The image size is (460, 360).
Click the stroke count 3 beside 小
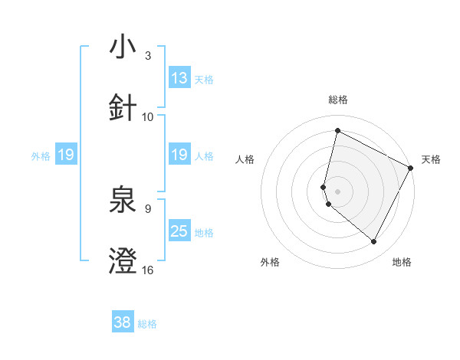(x=148, y=56)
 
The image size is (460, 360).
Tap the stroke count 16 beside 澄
(x=148, y=270)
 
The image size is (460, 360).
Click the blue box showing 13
(x=179, y=78)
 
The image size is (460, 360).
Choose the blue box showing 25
(x=179, y=231)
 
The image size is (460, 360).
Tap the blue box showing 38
(x=123, y=322)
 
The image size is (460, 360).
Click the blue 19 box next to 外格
(x=65, y=155)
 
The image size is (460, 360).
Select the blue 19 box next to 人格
(x=179, y=155)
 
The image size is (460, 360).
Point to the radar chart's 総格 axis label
(x=338, y=100)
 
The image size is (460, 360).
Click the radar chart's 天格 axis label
(x=431, y=159)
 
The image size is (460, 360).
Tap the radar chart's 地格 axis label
(x=402, y=262)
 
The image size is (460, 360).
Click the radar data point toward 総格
(x=337, y=130)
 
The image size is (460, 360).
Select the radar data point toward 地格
(x=374, y=242)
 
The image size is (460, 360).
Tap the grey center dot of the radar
(x=337, y=191)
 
